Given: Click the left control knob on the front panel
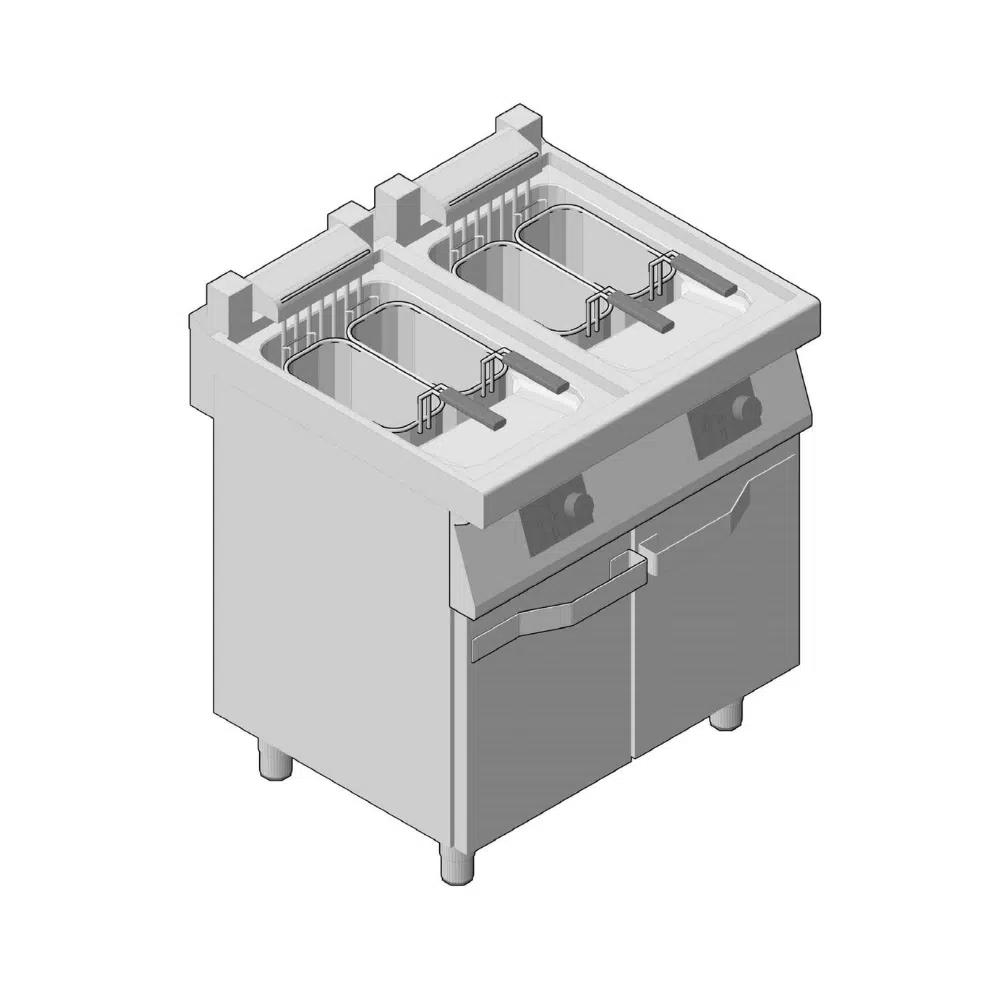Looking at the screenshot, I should (x=576, y=504).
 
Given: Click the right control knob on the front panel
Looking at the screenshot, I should (x=743, y=406).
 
